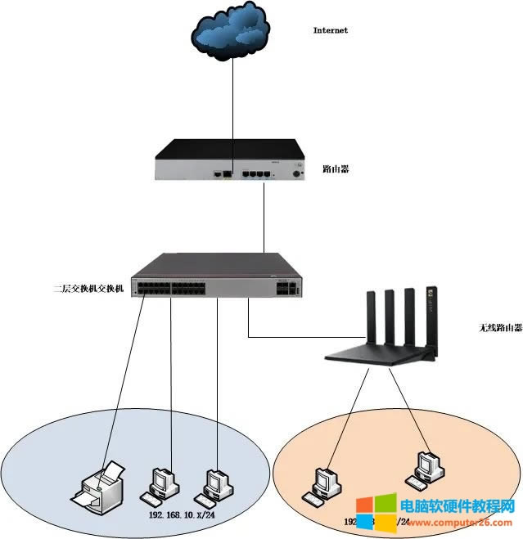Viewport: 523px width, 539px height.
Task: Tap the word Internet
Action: (331, 30)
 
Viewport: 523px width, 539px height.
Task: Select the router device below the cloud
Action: (231, 159)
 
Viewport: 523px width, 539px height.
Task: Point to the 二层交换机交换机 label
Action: (88, 289)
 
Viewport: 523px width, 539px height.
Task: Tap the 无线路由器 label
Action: (477, 328)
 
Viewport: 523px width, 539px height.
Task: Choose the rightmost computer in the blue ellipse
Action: (217, 483)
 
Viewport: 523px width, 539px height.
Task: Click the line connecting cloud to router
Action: (232, 106)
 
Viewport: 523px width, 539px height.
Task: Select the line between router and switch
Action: (264, 217)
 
